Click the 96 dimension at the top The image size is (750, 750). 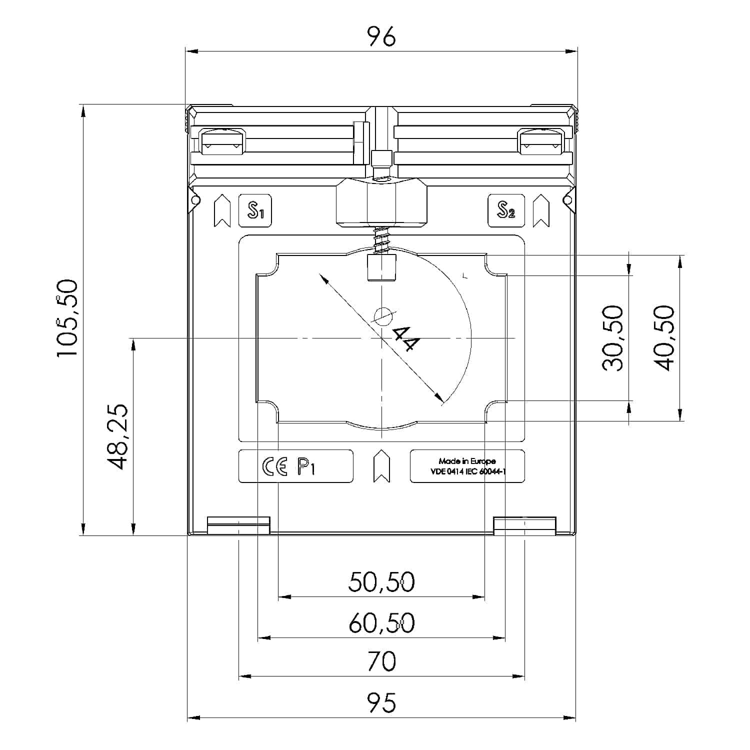(x=381, y=36)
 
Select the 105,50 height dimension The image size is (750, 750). (x=67, y=318)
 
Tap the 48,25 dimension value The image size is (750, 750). (x=118, y=436)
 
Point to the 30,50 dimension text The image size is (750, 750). (x=613, y=338)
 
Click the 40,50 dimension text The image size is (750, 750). (x=664, y=338)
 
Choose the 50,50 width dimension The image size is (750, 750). (x=381, y=582)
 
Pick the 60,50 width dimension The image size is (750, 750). (x=381, y=623)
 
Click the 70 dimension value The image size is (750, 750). (x=381, y=661)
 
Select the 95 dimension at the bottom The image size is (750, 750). (x=381, y=702)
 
